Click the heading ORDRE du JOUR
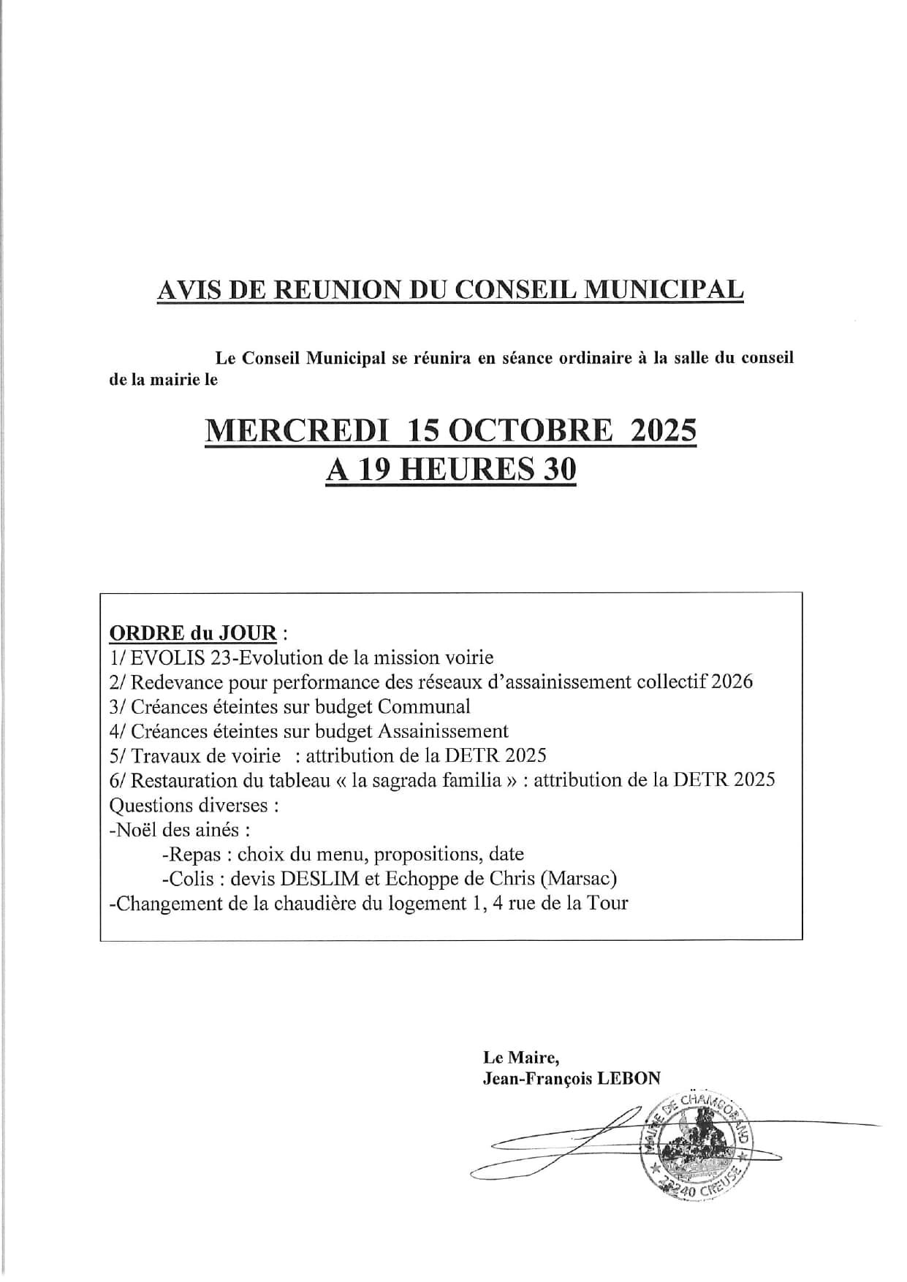click(x=192, y=632)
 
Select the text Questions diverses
click(x=194, y=805)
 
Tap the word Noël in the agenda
click(x=133, y=830)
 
